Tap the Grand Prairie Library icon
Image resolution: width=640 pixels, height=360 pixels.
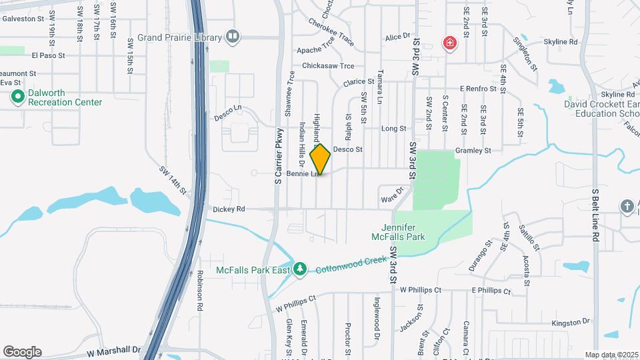pos(233,37)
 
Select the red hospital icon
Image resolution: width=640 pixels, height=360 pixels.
pos(451,44)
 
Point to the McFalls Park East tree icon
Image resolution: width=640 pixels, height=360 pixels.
pos(301,268)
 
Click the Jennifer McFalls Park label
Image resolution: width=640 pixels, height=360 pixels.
pos(398,231)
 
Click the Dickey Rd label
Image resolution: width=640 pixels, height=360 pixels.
pos(229,209)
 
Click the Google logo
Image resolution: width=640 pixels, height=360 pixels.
pos(22,352)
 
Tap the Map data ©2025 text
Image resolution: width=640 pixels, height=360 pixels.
pos(611,355)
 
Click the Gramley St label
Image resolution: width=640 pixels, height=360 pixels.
pos(473,151)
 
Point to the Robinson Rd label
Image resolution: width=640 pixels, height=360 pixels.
pos(199,291)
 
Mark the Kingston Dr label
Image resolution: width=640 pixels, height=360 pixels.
pos(571,322)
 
